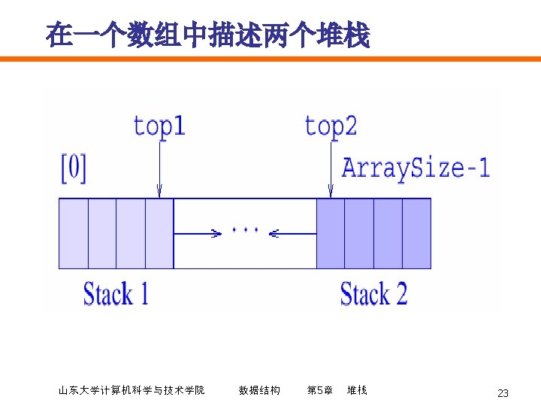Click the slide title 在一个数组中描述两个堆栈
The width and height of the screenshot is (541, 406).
(x=207, y=35)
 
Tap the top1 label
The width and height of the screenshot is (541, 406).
(x=159, y=126)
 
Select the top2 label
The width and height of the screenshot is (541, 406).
(x=331, y=126)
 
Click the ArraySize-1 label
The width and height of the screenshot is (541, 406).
(x=416, y=166)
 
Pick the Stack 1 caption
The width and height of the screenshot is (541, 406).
(x=116, y=293)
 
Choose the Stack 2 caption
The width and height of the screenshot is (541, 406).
(x=373, y=293)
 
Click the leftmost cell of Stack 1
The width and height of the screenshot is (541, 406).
(x=74, y=233)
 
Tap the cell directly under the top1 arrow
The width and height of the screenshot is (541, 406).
(x=159, y=233)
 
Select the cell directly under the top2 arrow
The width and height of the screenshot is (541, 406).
(x=331, y=233)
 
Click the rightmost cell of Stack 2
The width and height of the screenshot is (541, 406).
(x=416, y=233)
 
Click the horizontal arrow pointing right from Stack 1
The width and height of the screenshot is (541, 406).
(x=197, y=234)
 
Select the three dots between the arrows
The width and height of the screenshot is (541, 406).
(x=246, y=229)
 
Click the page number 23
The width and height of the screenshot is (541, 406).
(x=503, y=393)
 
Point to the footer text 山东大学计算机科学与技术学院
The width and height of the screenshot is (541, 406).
(x=131, y=390)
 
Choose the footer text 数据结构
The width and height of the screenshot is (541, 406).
(x=259, y=390)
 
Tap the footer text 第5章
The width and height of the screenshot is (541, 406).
(x=320, y=390)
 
